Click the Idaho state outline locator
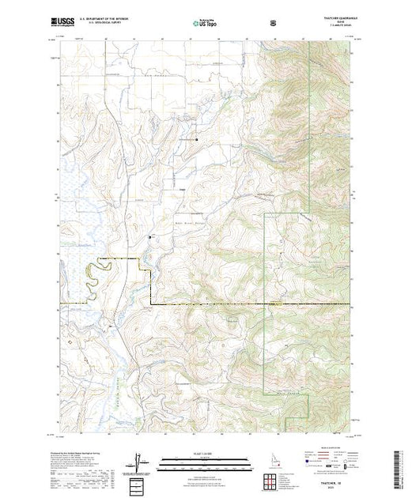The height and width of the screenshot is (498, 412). pyautogui.click(x=270, y=461)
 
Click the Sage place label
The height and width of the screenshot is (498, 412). pyautogui.click(x=182, y=188)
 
